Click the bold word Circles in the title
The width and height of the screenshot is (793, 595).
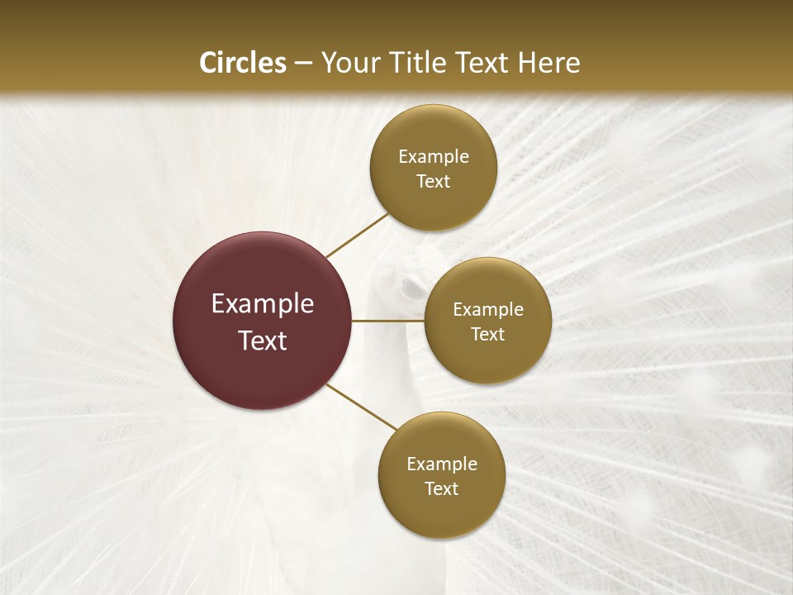click(242, 63)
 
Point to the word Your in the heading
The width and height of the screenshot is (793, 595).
click(350, 64)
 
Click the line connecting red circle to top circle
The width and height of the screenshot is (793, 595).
click(357, 235)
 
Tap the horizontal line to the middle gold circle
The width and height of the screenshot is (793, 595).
click(388, 321)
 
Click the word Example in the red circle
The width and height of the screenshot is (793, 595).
click(263, 304)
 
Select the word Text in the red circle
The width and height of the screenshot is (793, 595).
click(263, 340)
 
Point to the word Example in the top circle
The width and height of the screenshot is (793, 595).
click(434, 157)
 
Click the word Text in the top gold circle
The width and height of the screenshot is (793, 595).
click(434, 182)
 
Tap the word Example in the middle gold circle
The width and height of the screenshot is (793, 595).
click(488, 310)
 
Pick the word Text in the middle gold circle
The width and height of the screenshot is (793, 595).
click(488, 334)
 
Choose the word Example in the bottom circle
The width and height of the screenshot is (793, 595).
click(442, 464)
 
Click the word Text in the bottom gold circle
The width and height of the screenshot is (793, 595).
click(441, 488)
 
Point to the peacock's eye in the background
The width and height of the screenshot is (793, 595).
click(411, 288)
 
